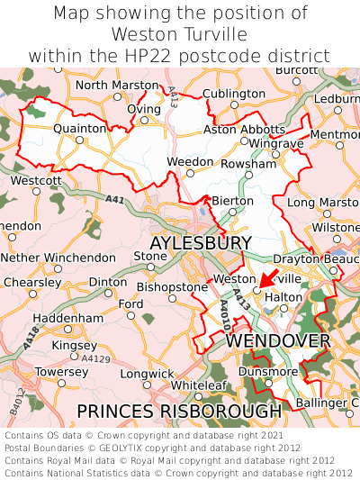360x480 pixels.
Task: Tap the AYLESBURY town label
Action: pyautogui.click(x=200, y=244)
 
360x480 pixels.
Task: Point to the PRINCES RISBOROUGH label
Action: pyautogui.click(x=179, y=411)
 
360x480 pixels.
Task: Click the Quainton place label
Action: pyautogui.click(x=80, y=129)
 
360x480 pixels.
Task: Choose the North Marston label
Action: pyautogui.click(x=116, y=85)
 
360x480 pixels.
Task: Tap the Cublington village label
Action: pyautogui.click(x=234, y=94)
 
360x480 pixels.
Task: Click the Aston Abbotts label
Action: pyautogui.click(x=244, y=130)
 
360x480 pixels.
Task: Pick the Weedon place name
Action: pyautogui.click(x=190, y=161)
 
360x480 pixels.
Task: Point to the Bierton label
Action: pyautogui.click(x=227, y=200)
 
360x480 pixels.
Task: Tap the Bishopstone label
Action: pyautogui.click(x=172, y=286)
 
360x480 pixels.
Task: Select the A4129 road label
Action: pyautogui.click(x=96, y=358)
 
